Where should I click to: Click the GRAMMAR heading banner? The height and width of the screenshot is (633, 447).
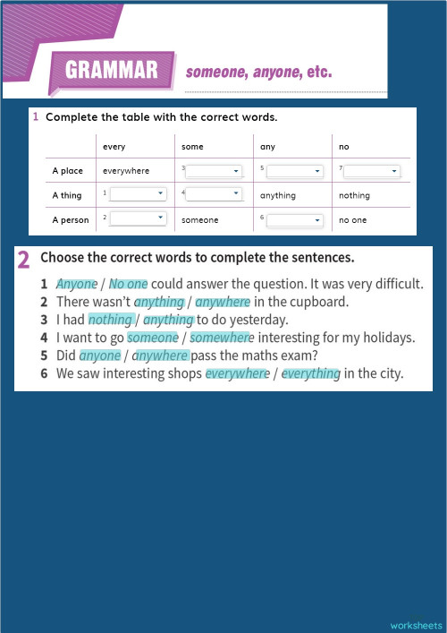tap(112, 70)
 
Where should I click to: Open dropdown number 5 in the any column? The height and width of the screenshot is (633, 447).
tap(294, 170)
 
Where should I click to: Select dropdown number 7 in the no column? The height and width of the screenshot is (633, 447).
tap(372, 170)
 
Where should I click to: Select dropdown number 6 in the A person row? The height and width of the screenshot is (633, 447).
tap(294, 219)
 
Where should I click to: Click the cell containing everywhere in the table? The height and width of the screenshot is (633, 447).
tap(126, 171)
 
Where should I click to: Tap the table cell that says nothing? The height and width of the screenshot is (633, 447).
tap(354, 195)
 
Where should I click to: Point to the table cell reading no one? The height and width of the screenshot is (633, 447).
tap(352, 219)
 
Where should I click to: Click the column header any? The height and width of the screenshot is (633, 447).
tap(267, 146)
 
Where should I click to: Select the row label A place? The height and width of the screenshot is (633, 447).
tap(67, 171)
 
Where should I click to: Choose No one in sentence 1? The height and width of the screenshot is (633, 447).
tap(128, 284)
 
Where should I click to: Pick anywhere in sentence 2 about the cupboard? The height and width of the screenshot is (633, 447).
tap(223, 302)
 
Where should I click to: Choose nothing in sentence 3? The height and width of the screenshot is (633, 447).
tap(109, 320)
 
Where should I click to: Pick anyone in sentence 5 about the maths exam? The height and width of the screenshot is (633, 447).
tap(99, 355)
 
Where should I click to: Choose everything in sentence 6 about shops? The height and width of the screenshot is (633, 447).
tap(311, 373)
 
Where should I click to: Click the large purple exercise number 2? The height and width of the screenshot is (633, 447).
tap(24, 260)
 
